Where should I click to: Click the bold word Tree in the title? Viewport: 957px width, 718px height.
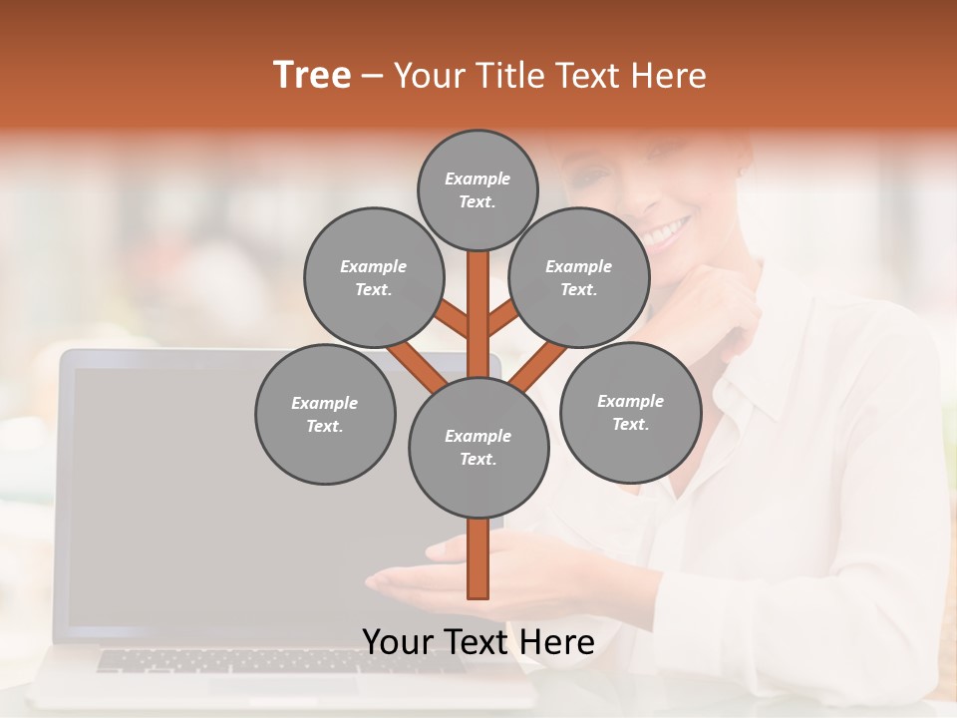click(312, 75)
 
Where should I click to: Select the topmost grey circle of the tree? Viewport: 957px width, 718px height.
click(478, 189)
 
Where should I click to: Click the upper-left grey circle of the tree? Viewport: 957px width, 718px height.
click(373, 277)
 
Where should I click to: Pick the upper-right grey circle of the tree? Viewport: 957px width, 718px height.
click(579, 277)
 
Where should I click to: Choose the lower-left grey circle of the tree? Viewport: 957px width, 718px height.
click(325, 414)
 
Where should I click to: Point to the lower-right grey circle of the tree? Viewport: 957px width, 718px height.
click(630, 413)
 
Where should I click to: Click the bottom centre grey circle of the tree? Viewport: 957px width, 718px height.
click(478, 447)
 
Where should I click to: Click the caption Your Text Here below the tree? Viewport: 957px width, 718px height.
click(478, 642)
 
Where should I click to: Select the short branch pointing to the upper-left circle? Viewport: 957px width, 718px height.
click(452, 319)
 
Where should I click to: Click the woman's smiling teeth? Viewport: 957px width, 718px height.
click(665, 235)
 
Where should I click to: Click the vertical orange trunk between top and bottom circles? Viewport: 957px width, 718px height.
click(478, 319)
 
